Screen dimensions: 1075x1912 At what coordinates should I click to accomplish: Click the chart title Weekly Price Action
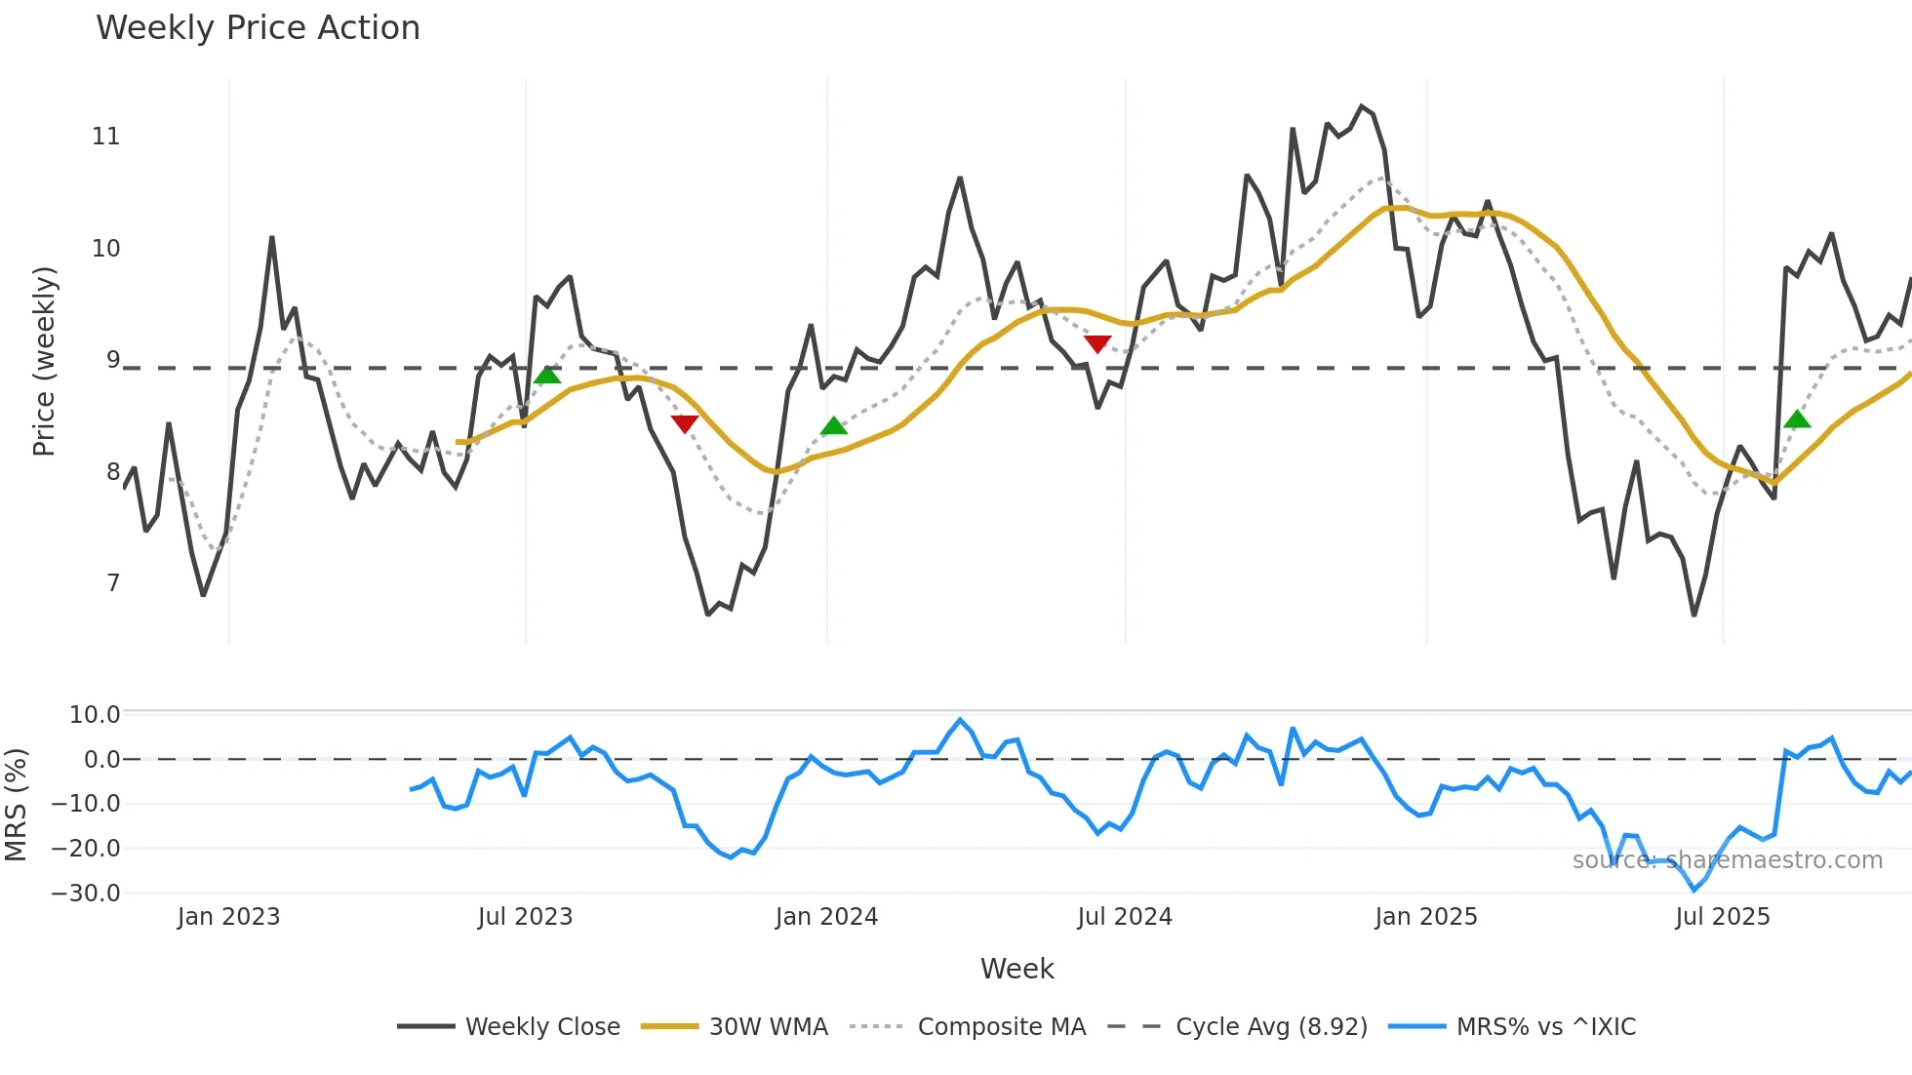(x=258, y=27)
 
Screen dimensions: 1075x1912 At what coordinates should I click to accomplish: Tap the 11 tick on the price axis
(x=105, y=137)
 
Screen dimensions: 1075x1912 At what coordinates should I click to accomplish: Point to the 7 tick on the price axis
(x=113, y=583)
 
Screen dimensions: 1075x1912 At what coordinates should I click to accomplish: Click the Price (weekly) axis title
(x=44, y=361)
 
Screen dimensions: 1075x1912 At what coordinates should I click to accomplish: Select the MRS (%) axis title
(x=16, y=805)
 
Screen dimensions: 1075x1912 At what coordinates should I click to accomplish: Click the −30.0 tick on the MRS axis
(x=86, y=894)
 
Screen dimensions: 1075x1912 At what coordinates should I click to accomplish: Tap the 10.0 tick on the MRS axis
(x=94, y=715)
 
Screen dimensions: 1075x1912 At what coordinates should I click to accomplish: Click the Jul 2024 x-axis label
(x=1124, y=917)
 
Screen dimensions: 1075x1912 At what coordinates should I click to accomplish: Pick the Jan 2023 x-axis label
(x=228, y=917)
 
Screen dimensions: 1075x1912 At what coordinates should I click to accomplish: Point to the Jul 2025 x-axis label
(x=1722, y=917)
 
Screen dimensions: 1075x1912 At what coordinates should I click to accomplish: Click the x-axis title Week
(x=1016, y=969)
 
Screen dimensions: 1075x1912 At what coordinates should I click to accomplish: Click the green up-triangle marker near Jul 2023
(x=548, y=376)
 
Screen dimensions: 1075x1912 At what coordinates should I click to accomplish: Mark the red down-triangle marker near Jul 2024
(x=1097, y=343)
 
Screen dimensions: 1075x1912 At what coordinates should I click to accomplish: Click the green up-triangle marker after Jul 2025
(x=1797, y=419)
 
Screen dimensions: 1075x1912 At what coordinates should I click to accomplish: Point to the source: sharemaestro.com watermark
(x=1727, y=860)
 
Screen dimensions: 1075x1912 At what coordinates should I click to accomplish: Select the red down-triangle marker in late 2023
(x=685, y=423)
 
